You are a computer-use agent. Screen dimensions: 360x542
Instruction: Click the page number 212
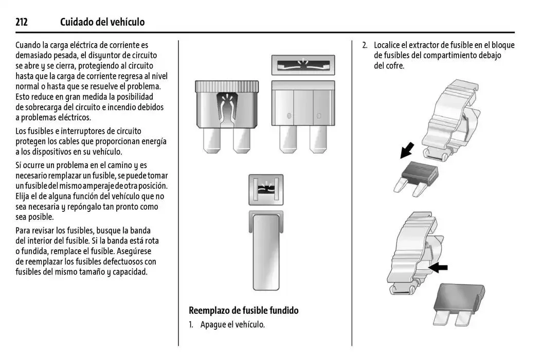[21, 22]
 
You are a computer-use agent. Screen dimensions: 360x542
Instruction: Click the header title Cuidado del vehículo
[102, 22]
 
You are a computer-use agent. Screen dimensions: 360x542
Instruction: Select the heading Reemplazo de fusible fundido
[243, 310]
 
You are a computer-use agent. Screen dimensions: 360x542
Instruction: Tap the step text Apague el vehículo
[232, 325]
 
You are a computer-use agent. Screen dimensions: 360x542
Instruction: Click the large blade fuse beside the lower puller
[459, 303]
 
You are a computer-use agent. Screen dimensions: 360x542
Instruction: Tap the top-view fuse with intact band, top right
[303, 65]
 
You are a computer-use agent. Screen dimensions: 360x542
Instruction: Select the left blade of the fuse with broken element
[212, 139]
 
